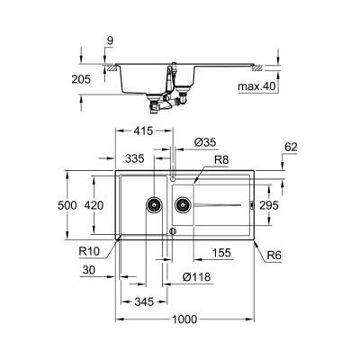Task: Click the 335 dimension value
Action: pyautogui.click(x=135, y=157)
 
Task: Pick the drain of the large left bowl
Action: pyautogui.click(x=155, y=205)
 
